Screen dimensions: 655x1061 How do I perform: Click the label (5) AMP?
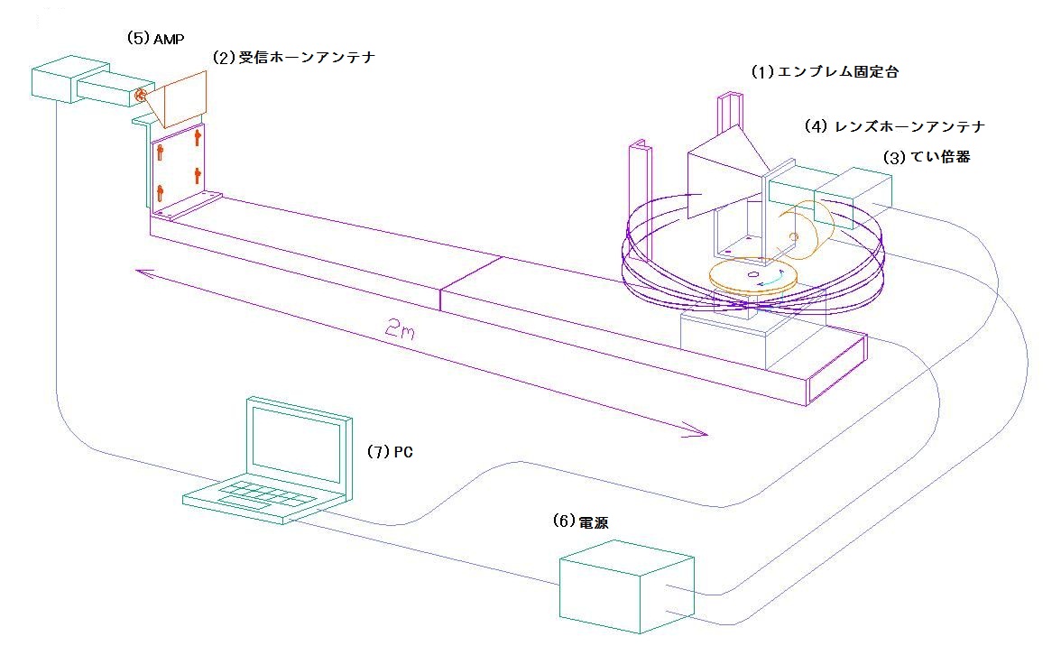[156, 40]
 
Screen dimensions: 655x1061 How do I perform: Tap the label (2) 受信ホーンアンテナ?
[293, 57]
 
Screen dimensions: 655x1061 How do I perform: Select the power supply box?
[625, 587]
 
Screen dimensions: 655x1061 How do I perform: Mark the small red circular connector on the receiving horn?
[140, 95]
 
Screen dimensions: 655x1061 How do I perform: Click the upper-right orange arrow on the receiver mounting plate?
[198, 138]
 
